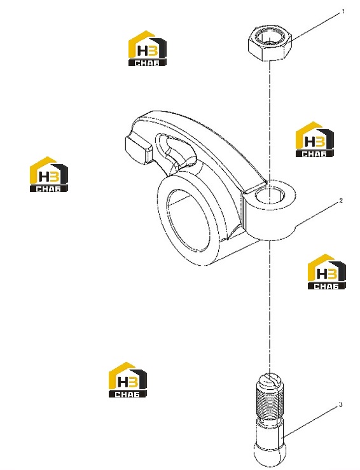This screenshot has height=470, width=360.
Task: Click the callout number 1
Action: (343, 11)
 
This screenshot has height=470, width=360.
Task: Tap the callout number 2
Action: (340, 201)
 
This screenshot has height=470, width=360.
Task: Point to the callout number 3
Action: (340, 404)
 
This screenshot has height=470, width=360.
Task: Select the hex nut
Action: (270, 43)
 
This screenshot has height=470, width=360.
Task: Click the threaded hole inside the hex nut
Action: (270, 38)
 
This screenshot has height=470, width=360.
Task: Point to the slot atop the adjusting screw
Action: (269, 378)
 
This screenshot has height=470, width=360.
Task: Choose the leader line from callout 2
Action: (318, 214)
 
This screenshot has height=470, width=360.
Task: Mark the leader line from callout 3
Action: (311, 422)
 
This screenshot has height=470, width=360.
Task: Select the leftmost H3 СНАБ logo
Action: (49, 174)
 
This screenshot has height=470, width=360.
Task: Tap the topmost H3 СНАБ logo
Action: (148, 48)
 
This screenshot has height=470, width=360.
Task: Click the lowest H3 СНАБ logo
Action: (128, 380)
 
